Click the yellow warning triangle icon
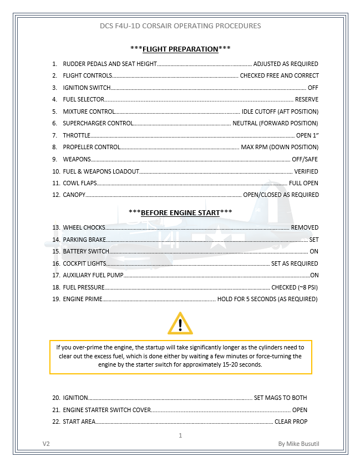(x=180, y=323)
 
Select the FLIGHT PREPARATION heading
(x=180, y=49)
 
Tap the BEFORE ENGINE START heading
(x=180, y=212)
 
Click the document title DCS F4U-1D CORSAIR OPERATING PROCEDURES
(x=180, y=26)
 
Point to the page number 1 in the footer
(x=180, y=435)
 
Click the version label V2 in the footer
(x=46, y=444)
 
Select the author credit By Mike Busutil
(x=298, y=444)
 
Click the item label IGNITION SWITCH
(x=87, y=88)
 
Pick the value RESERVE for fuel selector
(x=306, y=100)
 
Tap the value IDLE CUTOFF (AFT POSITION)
(x=280, y=111)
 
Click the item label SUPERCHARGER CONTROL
(x=98, y=123)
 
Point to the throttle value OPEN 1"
(x=307, y=135)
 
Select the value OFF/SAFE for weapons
(x=305, y=159)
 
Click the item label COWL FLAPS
(x=79, y=183)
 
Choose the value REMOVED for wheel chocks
(x=305, y=227)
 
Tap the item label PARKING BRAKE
(x=84, y=240)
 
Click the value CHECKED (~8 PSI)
(x=294, y=287)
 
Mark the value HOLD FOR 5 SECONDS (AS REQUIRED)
(x=267, y=299)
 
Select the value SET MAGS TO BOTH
(x=280, y=398)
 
